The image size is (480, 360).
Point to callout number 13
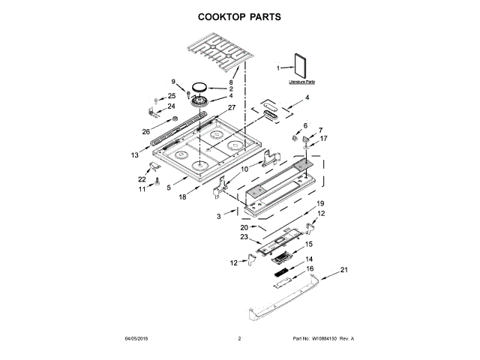click(x=135, y=155)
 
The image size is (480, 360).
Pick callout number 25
click(x=172, y=96)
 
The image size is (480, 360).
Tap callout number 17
click(x=323, y=139)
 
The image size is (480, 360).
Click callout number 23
click(x=244, y=237)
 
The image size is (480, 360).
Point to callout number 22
click(x=142, y=179)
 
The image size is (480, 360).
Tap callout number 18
click(x=183, y=197)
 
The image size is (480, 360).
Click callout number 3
click(x=218, y=215)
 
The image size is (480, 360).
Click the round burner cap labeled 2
click(x=200, y=87)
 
